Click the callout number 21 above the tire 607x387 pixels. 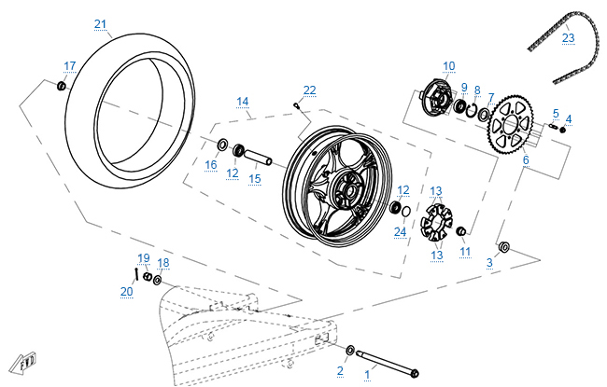101,23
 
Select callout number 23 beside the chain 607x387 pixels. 569,39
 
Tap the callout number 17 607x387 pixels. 70,65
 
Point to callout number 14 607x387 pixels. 242,101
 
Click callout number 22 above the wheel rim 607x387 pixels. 309,90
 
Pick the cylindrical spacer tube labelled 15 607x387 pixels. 259,154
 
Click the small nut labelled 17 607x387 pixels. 63,86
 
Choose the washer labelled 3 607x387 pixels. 504,247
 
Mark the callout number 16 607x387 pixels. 211,165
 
